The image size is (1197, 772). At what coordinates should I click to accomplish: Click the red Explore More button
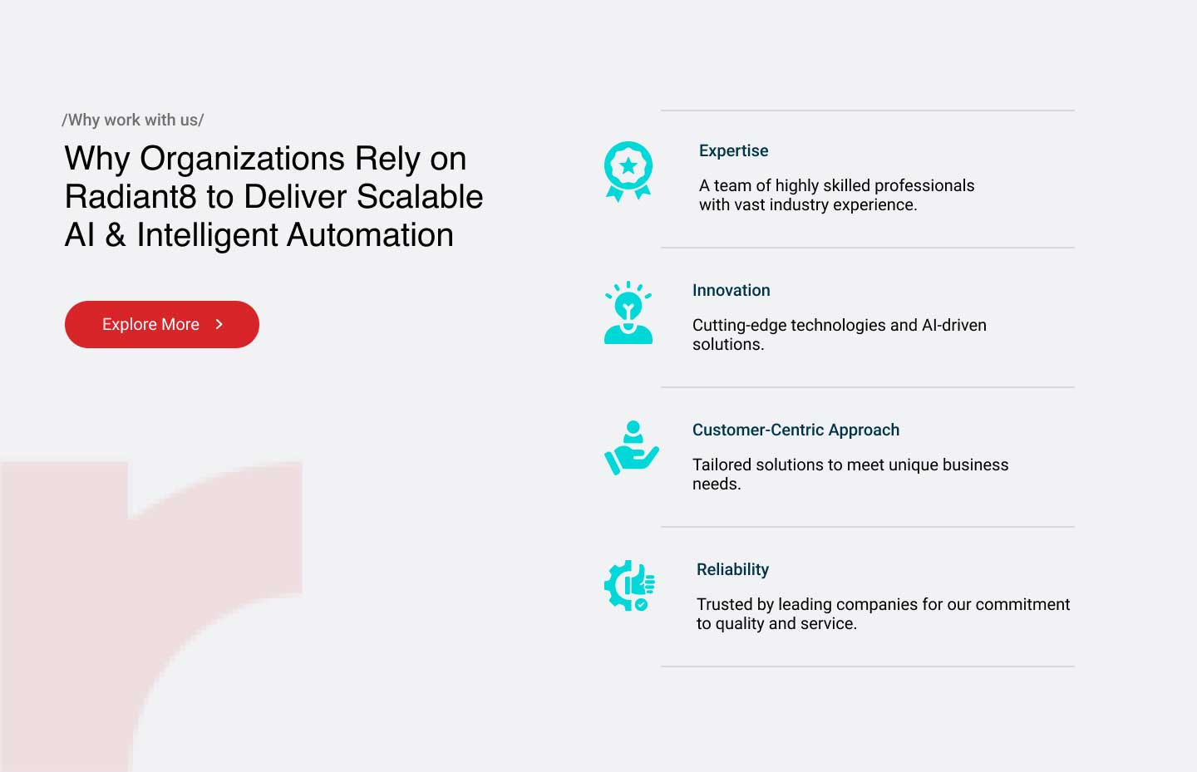pyautogui.click(x=162, y=324)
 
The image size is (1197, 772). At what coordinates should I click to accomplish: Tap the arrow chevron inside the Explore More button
pyautogui.click(x=219, y=324)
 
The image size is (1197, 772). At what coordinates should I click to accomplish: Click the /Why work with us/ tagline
pyautogui.click(x=132, y=120)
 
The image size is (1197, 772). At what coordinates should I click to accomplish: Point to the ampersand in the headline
pyautogui.click(x=116, y=234)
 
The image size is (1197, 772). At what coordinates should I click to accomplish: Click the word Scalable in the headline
pyautogui.click(x=420, y=196)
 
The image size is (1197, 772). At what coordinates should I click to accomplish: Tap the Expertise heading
pyautogui.click(x=734, y=150)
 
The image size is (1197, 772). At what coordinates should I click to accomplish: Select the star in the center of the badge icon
pyautogui.click(x=628, y=166)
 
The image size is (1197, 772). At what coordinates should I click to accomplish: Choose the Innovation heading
pyautogui.click(x=731, y=290)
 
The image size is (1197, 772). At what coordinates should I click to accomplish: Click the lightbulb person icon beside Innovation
pyautogui.click(x=628, y=312)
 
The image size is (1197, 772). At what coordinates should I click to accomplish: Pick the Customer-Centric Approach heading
pyautogui.click(x=796, y=430)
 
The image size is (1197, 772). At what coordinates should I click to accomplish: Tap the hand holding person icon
pyautogui.click(x=631, y=448)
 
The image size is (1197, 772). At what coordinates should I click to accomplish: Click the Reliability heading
pyautogui.click(x=732, y=569)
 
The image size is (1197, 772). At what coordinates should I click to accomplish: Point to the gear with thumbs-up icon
pyautogui.click(x=629, y=586)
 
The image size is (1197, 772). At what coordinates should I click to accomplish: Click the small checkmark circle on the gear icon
pyautogui.click(x=641, y=605)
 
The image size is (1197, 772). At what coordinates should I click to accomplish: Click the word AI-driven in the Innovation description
pyautogui.click(x=954, y=325)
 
